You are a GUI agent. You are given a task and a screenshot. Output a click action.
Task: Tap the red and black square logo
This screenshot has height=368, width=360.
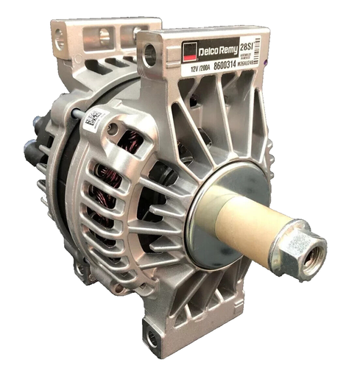click(190, 53)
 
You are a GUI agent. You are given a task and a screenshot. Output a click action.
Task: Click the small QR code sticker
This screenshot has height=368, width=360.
click(93, 118)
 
